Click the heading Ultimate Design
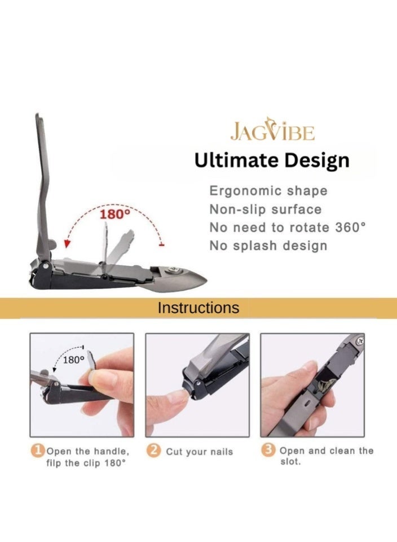[272, 160]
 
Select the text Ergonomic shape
[268, 191]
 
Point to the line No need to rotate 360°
[288, 228]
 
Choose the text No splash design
[268, 246]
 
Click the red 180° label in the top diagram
[115, 215]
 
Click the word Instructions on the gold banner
[198, 308]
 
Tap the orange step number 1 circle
[37, 451]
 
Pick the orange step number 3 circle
[270, 451]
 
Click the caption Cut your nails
[199, 452]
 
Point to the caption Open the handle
[87, 451]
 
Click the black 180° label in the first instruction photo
[73, 359]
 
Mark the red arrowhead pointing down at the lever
[67, 244]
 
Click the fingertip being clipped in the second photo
[176, 397]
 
